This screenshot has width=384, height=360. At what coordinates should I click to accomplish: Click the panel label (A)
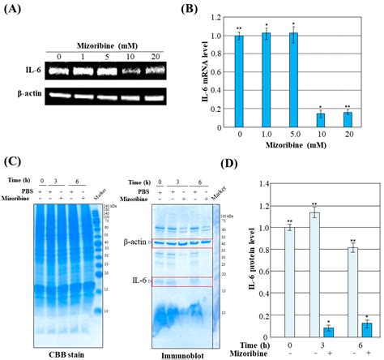tap(14, 11)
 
